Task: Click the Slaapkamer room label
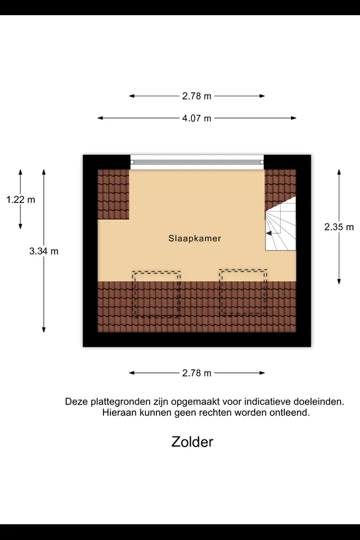click(x=195, y=238)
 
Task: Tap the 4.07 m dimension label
click(x=197, y=118)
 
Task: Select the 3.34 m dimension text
click(x=44, y=251)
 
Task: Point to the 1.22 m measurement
click(x=21, y=199)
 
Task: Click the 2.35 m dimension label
click(x=339, y=227)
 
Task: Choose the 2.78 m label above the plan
click(x=197, y=96)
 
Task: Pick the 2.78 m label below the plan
click(x=197, y=373)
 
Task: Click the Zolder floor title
click(x=192, y=442)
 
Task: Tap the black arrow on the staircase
click(x=269, y=233)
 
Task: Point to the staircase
click(x=281, y=223)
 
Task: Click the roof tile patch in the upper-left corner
click(x=113, y=194)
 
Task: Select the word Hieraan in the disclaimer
click(x=119, y=412)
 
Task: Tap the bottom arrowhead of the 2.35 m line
click(x=339, y=282)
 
